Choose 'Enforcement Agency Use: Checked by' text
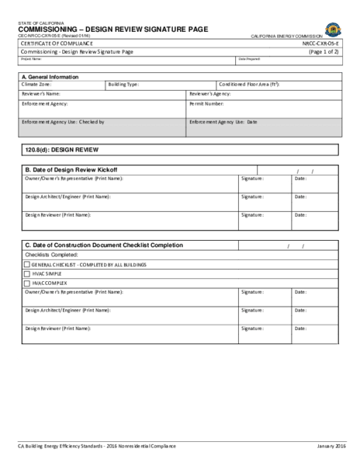tap(62, 122)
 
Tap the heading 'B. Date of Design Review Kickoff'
tap(71, 169)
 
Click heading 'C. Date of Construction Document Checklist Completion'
tap(104, 245)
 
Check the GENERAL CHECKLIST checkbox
tap(28, 264)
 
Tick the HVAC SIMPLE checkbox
tap(28, 273)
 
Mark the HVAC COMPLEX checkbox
tap(28, 283)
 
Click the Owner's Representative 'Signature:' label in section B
tap(252, 178)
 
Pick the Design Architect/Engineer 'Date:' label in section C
tap(300, 311)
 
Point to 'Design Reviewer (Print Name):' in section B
tap(58, 214)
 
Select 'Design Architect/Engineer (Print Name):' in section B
tap(67, 196)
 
